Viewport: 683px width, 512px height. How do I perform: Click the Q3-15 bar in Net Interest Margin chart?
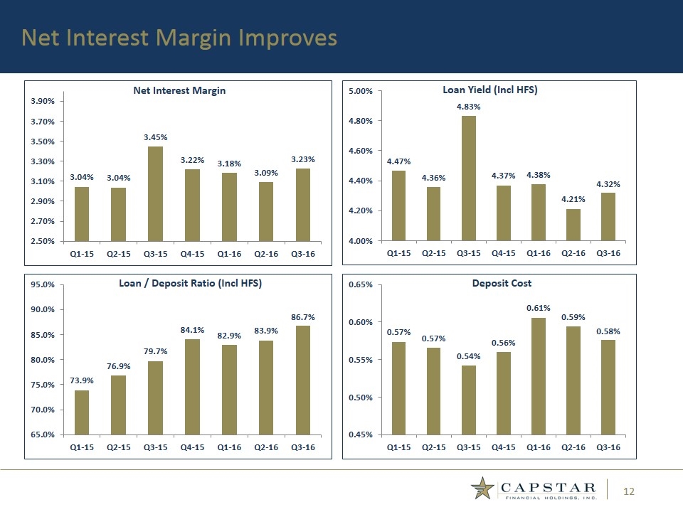tap(155, 193)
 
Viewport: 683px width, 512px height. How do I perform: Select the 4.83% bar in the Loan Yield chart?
tap(468, 178)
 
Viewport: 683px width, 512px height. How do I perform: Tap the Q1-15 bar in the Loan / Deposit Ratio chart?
tap(82, 412)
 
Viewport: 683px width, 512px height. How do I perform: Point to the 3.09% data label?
tap(265, 173)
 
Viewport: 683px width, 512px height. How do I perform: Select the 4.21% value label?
tap(573, 200)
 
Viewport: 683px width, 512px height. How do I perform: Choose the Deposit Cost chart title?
tap(502, 283)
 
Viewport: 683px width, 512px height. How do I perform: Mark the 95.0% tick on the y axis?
tap(44, 284)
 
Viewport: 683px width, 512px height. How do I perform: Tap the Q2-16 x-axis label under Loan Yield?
tap(573, 252)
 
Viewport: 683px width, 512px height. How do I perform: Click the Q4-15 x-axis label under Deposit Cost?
tap(503, 447)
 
